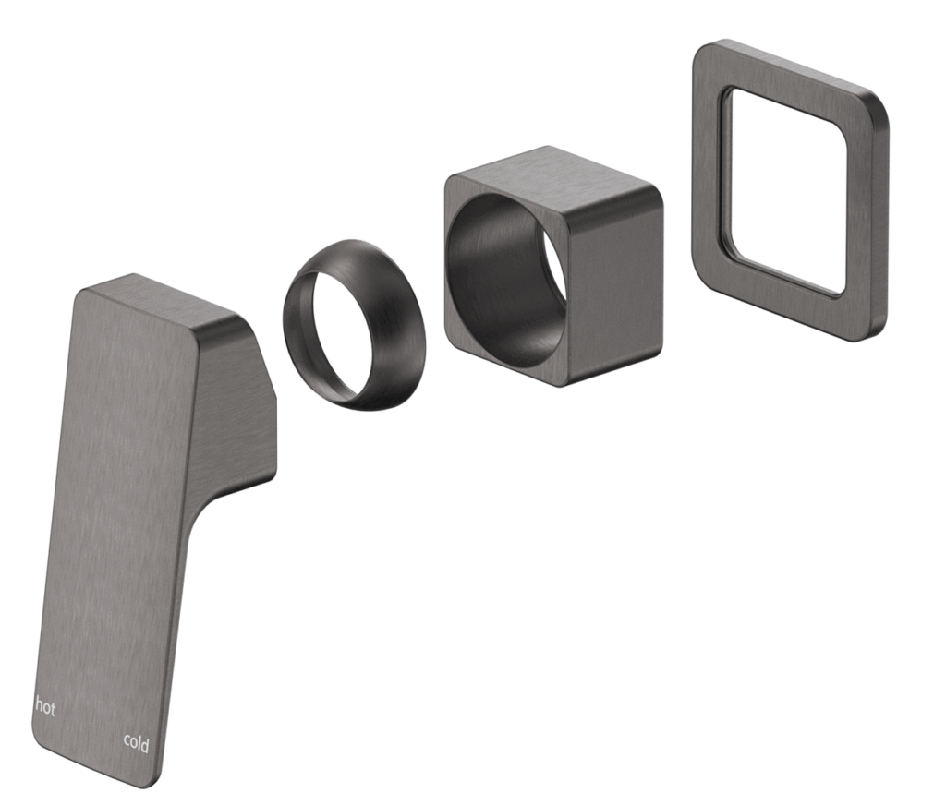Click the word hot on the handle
coord(45,707)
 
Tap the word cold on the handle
coord(136,741)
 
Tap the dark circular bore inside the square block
coord(503,277)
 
